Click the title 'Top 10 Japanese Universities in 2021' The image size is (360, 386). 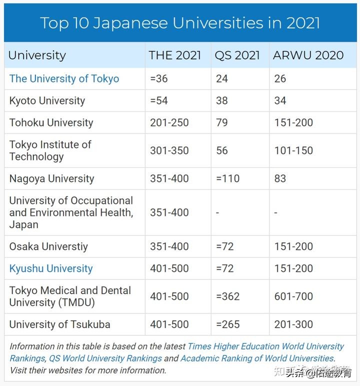(180, 23)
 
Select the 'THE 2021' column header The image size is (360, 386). (174, 55)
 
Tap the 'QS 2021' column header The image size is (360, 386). (237, 55)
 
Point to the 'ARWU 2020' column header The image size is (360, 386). (308, 55)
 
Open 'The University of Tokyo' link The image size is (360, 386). (64, 78)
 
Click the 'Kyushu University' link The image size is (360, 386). (51, 268)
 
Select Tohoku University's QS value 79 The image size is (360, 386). (222, 122)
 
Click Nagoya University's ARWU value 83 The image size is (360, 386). (280, 178)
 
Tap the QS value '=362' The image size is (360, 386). (228, 296)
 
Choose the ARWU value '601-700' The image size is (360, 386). (293, 296)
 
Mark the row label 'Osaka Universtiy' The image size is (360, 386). (48, 246)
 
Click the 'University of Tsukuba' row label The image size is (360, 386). (59, 324)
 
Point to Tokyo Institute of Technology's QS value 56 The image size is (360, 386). (222, 150)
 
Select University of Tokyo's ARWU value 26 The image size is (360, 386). (280, 78)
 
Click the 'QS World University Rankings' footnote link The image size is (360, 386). (105, 358)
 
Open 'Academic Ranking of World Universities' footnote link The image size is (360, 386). (257, 358)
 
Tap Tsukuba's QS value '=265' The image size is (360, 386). (228, 324)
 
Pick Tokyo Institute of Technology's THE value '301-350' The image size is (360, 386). (169, 150)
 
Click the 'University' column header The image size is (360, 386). (37, 55)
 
